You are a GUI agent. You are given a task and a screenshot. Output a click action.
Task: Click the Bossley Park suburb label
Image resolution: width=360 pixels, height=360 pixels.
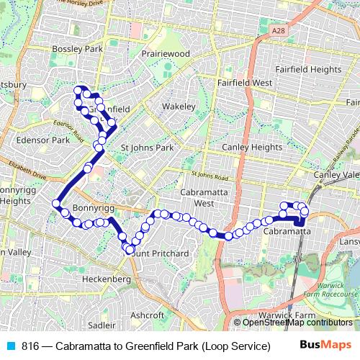click(x=78, y=49)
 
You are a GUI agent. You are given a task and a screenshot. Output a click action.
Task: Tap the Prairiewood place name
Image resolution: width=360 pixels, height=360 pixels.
click(x=166, y=53)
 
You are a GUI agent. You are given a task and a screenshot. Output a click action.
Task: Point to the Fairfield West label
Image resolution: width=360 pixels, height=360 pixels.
click(x=245, y=83)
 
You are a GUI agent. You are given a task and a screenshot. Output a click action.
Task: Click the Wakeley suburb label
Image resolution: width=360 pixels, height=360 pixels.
click(x=179, y=106)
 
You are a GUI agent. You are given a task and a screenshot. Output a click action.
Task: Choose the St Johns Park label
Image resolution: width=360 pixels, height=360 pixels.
click(x=148, y=148)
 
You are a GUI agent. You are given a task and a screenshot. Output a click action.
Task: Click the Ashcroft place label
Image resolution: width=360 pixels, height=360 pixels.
click(x=148, y=315)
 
